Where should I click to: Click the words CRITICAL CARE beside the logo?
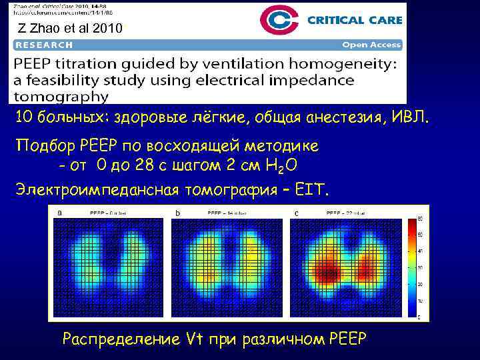354,20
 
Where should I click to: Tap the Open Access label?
371,45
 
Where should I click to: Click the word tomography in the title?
59,96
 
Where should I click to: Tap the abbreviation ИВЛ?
412,118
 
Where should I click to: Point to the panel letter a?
60,213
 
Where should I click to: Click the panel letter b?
177,213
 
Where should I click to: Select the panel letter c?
296,213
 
